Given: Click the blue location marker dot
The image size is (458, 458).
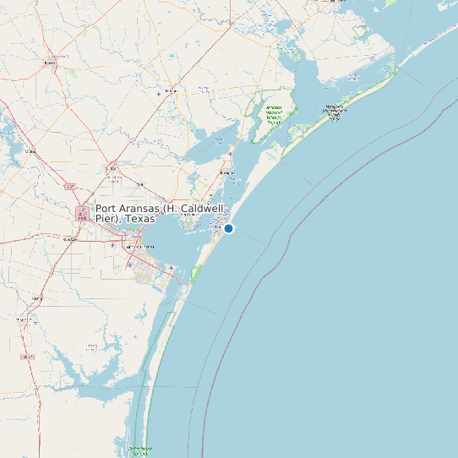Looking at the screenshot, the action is (228, 228).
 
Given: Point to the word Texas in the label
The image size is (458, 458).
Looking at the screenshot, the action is (141, 219).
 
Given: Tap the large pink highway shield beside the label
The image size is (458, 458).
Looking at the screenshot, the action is (83, 214).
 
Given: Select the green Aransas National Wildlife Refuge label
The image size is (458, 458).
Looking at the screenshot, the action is (274, 115).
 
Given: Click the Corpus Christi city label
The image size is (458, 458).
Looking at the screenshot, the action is (140, 246).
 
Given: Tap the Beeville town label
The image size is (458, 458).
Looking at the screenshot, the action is (50, 63).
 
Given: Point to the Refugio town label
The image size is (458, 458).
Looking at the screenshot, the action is (172, 90).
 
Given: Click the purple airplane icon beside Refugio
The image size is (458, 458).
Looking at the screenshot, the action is (159, 93).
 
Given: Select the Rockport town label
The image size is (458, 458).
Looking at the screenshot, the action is (226, 172).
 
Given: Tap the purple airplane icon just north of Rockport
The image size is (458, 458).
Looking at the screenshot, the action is (230, 153).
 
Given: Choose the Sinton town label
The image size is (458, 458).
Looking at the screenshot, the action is (110, 168).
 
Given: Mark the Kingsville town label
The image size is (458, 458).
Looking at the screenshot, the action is (36, 298).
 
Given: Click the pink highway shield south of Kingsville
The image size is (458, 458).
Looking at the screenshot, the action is (29, 357).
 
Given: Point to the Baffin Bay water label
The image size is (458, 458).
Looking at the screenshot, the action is (90, 346).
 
